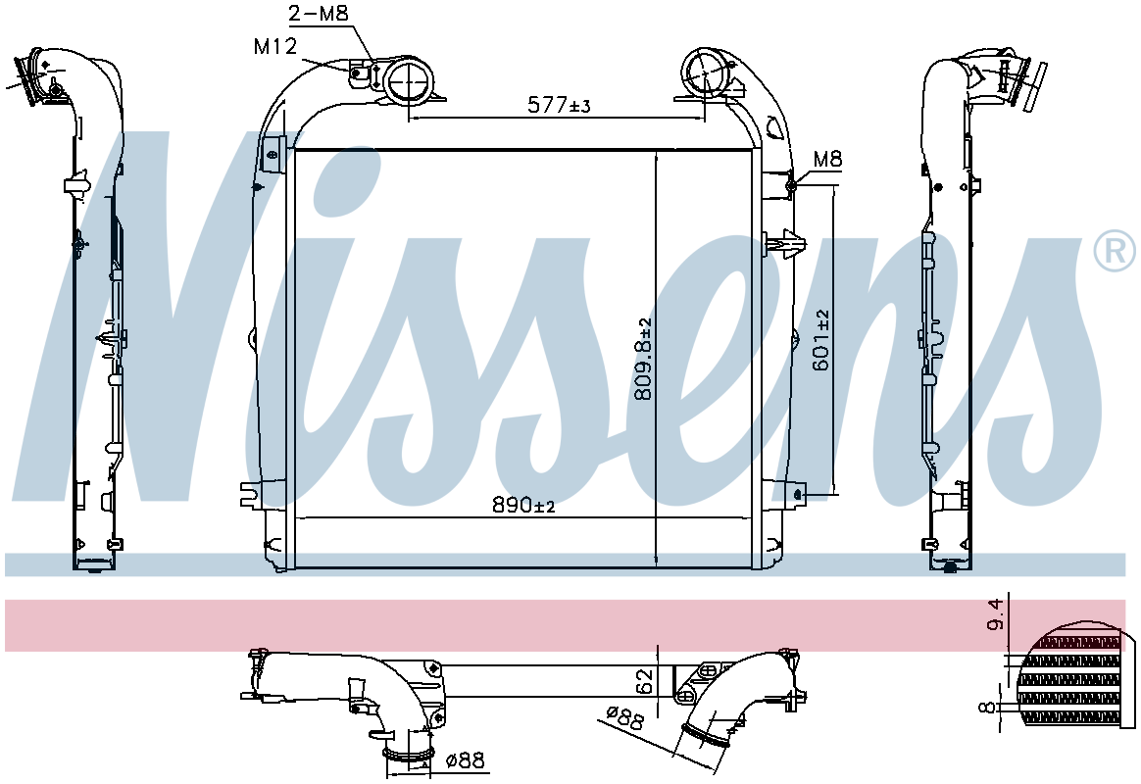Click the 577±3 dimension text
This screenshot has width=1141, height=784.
pyautogui.click(x=559, y=106)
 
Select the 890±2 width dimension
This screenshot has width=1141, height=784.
pyautogui.click(x=523, y=505)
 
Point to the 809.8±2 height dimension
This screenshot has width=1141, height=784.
pyautogui.click(x=642, y=360)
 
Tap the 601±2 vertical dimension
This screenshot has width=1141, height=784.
pyautogui.click(x=820, y=340)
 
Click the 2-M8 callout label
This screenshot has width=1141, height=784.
pyautogui.click(x=319, y=13)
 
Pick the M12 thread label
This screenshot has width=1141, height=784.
pyautogui.click(x=275, y=46)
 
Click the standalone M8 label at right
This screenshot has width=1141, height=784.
pyautogui.click(x=827, y=159)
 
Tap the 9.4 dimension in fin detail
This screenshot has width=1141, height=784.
pyautogui.click(x=996, y=614)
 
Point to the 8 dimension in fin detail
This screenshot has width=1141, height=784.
pyautogui.click(x=987, y=707)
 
